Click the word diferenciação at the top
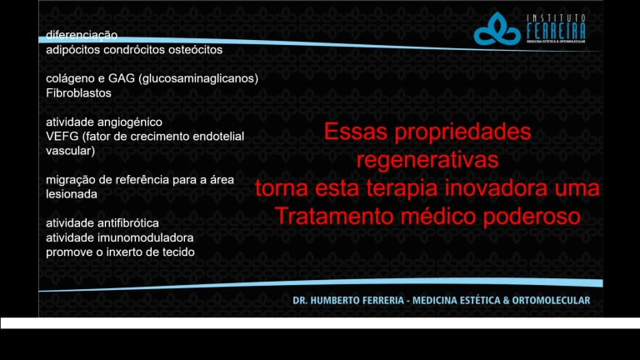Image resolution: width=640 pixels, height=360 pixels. (x=82, y=36)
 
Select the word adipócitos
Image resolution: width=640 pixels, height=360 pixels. (x=73, y=50)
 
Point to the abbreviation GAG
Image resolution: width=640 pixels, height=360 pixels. (x=121, y=78)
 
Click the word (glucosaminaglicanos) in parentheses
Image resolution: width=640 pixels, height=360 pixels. (x=198, y=79)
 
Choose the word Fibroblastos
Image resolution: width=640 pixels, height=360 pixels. (x=78, y=93)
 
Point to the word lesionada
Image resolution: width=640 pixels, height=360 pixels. (x=72, y=194)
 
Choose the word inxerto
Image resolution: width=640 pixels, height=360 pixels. (x=129, y=252)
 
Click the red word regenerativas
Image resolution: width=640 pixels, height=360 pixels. (x=427, y=160)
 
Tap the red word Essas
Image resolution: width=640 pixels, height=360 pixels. (x=356, y=132)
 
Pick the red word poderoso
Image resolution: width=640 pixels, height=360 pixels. (x=532, y=217)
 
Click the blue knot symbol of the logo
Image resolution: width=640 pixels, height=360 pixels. (x=497, y=29)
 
